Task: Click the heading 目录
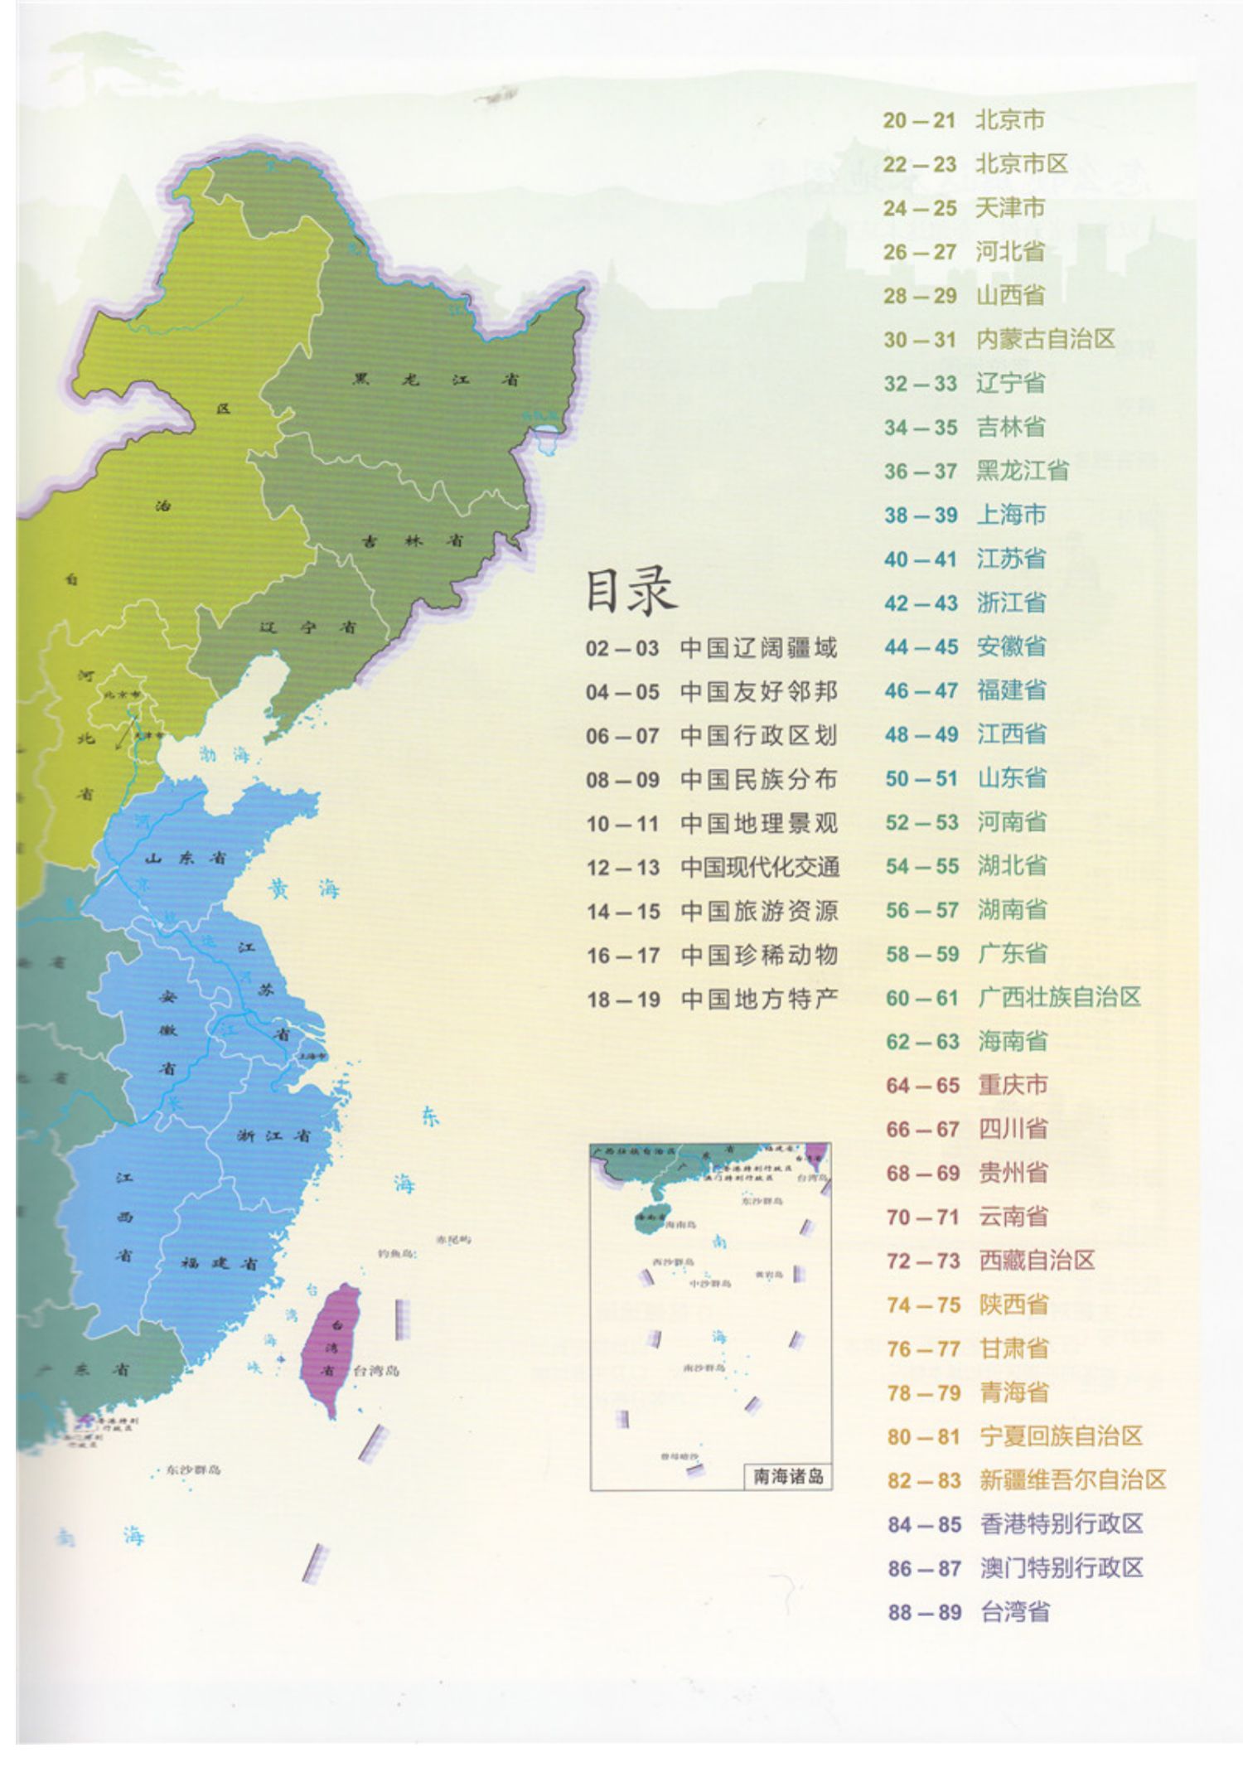[631, 592]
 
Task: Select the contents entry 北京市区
[1021, 164]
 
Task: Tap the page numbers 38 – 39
[920, 516]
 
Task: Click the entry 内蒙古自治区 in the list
[1045, 339]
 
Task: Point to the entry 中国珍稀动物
[759, 956]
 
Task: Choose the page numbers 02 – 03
[621, 648]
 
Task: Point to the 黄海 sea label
[304, 890]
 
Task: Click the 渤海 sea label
[224, 754]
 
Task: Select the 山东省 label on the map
[185, 859]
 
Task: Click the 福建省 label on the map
[219, 1263]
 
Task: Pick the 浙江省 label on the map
[273, 1135]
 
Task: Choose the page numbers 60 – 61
[921, 998]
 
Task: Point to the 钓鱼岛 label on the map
[395, 1253]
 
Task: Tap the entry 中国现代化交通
[759, 868]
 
